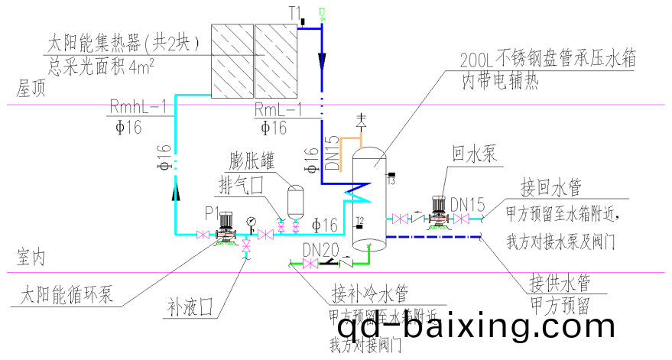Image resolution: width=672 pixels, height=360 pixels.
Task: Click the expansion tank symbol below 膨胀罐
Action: click(x=293, y=201)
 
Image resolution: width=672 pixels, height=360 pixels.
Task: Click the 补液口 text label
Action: click(x=190, y=308)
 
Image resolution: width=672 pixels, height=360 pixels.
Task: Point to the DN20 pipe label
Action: click(x=319, y=250)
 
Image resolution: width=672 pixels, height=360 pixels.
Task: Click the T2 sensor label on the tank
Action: click(x=359, y=221)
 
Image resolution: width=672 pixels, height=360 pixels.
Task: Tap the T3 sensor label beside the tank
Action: click(x=390, y=180)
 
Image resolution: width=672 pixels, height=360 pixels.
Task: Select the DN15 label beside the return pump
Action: click(x=467, y=205)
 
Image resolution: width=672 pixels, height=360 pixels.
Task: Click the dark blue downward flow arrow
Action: click(x=322, y=58)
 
